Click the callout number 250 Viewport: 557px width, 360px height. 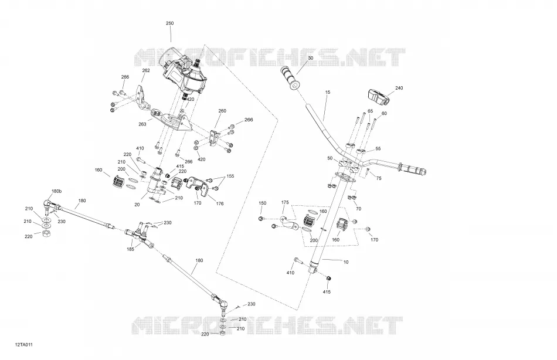point(170,23)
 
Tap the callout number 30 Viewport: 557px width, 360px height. point(311,58)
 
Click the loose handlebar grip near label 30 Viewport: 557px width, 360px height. point(291,78)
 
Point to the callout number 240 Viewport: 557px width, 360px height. point(399,88)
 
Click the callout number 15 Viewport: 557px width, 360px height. point(328,93)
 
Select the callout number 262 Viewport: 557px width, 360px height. point(146,71)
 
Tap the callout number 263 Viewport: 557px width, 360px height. point(142,124)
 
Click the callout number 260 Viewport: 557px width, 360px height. point(222,111)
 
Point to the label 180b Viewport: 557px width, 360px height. point(56,192)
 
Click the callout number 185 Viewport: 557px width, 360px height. point(130,249)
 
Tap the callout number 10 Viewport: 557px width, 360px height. point(346,262)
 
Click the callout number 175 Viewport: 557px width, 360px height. point(285,202)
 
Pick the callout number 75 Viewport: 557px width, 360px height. point(379,178)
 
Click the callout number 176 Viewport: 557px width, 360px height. point(220,204)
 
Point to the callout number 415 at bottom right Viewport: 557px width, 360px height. point(327,292)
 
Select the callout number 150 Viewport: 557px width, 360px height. point(262,203)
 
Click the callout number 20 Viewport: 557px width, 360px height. point(137,205)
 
